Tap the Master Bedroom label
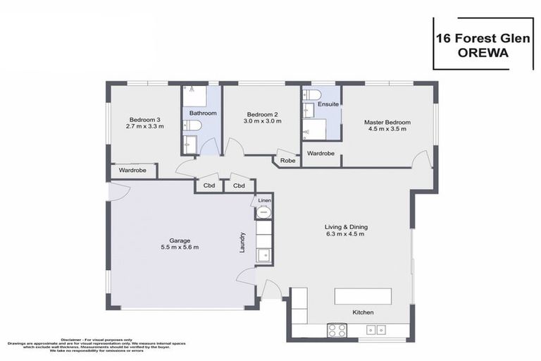click(x=387, y=122)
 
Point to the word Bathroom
click(x=202, y=113)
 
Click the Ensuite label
click(x=328, y=104)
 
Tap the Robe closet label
click(x=287, y=161)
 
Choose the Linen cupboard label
click(x=264, y=201)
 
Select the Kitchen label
click(x=363, y=312)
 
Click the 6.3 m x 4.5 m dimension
click(x=345, y=234)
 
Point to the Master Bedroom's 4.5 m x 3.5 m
click(x=387, y=129)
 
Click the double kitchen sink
click(x=375, y=329)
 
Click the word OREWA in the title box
click(x=482, y=51)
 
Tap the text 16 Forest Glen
click(x=482, y=35)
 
